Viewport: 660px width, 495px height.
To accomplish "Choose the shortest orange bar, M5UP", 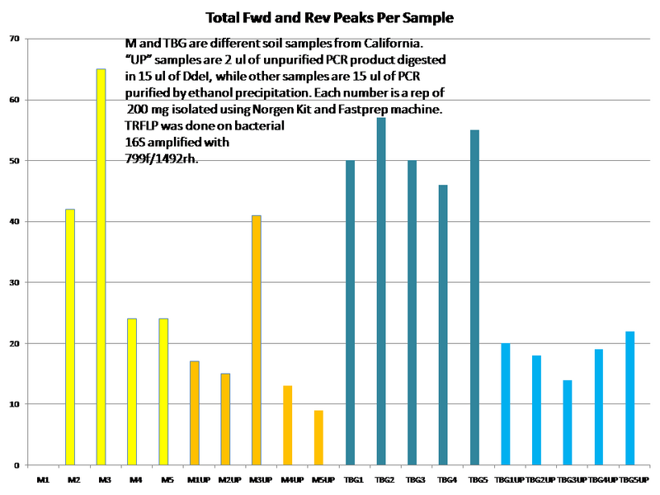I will point(319,437).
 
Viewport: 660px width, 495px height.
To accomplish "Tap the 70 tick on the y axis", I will point(15,39).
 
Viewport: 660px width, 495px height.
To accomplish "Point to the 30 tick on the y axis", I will point(15,282).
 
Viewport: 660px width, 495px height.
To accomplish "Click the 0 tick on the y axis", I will point(17,465).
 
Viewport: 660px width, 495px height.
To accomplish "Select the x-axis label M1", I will point(42,478).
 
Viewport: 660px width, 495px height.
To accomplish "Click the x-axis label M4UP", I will point(289,478).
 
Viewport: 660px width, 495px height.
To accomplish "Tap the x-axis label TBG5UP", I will point(633,478).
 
